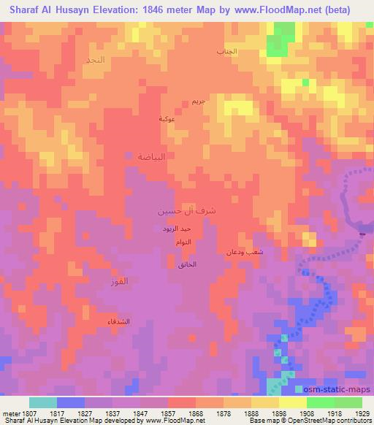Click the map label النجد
pyautogui.click(x=115, y=58)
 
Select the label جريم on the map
pyautogui.click(x=199, y=102)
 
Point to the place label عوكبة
pyautogui.click(x=167, y=118)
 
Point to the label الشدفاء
pyautogui.click(x=119, y=321)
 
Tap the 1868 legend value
pyautogui.click(x=196, y=414)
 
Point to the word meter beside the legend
pyautogui.click(x=12, y=414)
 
